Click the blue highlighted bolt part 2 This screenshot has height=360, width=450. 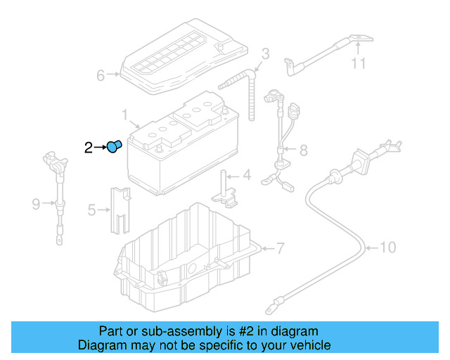[114, 146]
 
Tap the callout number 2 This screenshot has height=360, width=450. [88, 147]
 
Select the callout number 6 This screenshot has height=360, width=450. [100, 75]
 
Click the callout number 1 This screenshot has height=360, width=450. [124, 114]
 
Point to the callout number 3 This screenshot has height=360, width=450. [265, 53]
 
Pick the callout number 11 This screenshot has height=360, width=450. [359, 65]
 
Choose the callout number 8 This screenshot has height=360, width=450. [304, 150]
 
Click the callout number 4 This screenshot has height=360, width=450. [246, 175]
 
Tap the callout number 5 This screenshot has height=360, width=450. [91, 209]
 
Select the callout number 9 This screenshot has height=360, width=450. [36, 205]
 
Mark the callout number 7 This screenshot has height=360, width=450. [280, 248]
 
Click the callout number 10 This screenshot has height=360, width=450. [388, 247]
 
